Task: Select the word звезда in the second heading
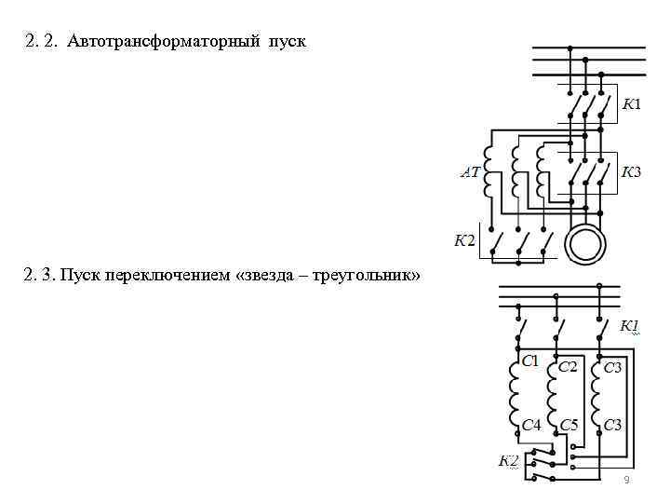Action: pyautogui.click(x=278, y=277)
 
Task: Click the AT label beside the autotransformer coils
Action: pyautogui.click(x=471, y=172)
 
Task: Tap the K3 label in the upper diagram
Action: pyautogui.click(x=631, y=171)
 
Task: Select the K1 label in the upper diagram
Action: pyautogui.click(x=631, y=103)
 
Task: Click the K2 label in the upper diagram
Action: pyautogui.click(x=463, y=242)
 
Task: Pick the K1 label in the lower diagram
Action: pyautogui.click(x=630, y=326)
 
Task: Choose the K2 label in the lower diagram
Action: pyautogui.click(x=507, y=460)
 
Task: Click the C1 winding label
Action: pyautogui.click(x=529, y=360)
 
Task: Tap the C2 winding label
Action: pyautogui.click(x=568, y=367)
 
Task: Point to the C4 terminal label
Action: pyautogui.click(x=530, y=425)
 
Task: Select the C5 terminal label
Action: pyautogui.click(x=569, y=425)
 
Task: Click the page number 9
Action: pyautogui.click(x=626, y=479)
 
